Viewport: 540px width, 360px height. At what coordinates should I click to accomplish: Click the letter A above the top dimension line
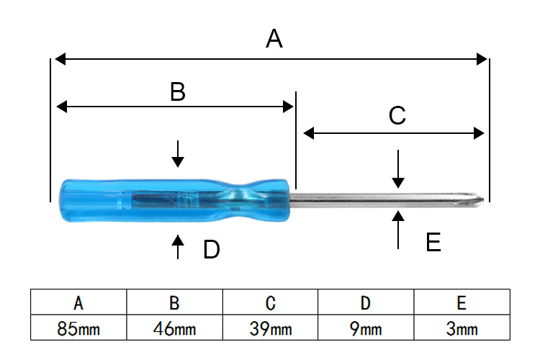(x=274, y=38)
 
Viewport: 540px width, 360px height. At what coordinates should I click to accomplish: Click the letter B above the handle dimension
(x=177, y=91)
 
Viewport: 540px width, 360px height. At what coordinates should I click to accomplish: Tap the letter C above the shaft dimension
(x=397, y=116)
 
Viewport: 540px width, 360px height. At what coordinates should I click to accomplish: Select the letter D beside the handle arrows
(x=211, y=250)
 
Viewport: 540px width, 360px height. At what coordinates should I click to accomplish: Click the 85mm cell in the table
(x=78, y=330)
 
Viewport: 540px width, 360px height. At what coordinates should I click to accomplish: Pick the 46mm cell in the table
(x=175, y=330)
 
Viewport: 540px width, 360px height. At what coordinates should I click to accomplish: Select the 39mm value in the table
(x=271, y=330)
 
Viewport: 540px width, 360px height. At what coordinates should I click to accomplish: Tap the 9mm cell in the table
(x=366, y=330)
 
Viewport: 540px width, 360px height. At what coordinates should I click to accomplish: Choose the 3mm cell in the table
(x=462, y=330)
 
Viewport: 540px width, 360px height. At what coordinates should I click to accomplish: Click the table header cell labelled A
(x=78, y=302)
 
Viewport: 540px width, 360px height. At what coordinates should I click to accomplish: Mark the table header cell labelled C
(x=271, y=302)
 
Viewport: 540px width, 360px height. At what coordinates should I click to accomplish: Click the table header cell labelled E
(x=462, y=302)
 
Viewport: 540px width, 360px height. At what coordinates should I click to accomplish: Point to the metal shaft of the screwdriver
(x=382, y=198)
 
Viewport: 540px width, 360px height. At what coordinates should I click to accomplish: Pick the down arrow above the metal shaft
(x=398, y=170)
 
